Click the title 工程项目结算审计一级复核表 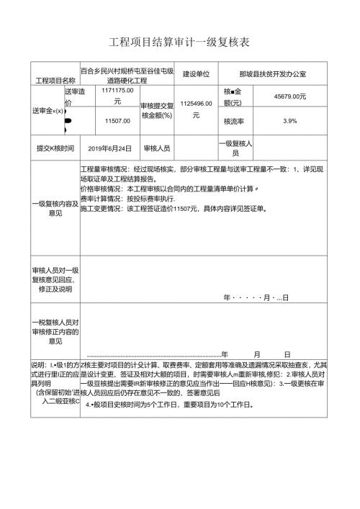pos(179,42)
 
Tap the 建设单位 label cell pos(196,73)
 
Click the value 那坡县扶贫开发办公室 pos(272,73)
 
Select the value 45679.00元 pos(290,95)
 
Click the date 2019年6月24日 pos(109,148)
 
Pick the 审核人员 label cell pos(157,148)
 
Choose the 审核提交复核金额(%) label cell pos(157,110)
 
